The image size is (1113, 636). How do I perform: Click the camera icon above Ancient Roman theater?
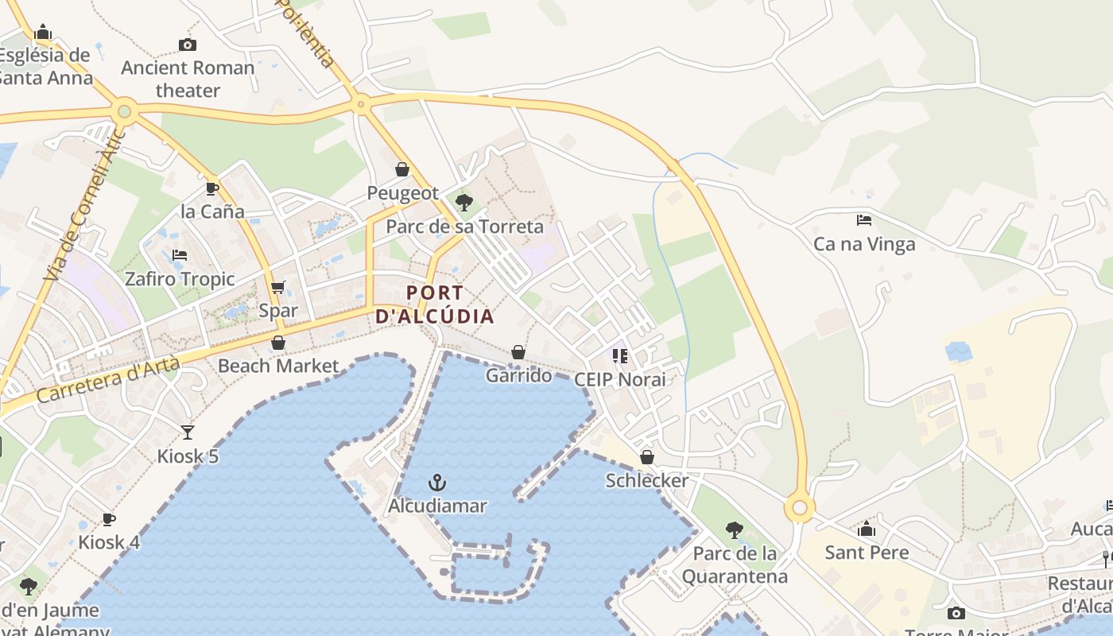point(188,45)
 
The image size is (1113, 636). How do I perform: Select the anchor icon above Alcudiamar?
point(436,482)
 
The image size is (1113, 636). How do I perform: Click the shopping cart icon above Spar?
point(277,287)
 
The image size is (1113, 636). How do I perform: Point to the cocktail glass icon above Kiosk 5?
point(187,432)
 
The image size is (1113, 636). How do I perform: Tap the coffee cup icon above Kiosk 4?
point(109,519)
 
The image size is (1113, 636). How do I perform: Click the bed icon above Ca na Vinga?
point(864,220)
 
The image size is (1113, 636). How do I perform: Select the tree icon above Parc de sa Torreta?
point(464,202)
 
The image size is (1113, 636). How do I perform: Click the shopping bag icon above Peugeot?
point(402,169)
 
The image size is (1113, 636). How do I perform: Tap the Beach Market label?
point(278,366)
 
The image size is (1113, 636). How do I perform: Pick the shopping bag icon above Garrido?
point(518,351)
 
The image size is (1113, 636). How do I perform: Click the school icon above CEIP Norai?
point(619,355)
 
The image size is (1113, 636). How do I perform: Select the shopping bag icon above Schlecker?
point(647,457)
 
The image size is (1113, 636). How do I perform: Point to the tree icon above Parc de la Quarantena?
point(735,529)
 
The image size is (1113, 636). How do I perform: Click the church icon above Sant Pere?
point(867,529)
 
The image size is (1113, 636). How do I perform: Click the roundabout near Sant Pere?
point(800,508)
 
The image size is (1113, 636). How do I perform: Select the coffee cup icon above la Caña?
point(212,188)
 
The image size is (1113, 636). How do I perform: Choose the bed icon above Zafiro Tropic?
point(180,255)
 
